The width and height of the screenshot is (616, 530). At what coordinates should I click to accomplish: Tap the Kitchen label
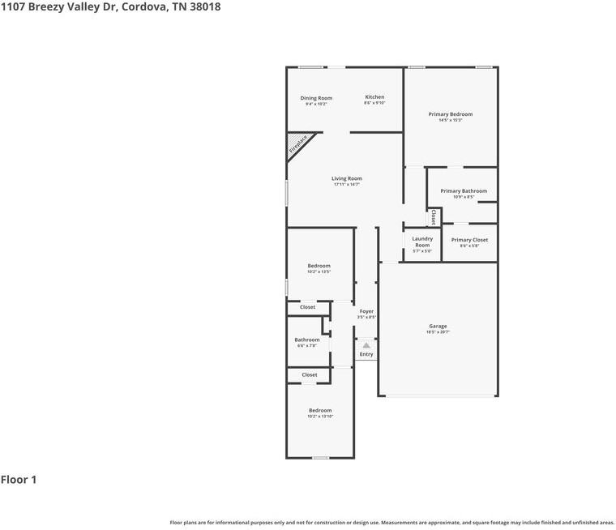pos(374,97)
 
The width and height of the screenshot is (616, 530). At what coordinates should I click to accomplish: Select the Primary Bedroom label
pos(450,114)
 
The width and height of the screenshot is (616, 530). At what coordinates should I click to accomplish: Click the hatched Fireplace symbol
pos(298,144)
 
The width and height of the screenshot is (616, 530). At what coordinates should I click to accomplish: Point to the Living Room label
pos(346,178)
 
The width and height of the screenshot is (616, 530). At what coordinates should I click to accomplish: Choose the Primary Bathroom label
pos(464,191)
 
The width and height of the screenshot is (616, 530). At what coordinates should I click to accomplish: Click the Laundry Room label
pos(422,241)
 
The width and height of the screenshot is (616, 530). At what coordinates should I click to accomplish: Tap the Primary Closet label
pos(469,240)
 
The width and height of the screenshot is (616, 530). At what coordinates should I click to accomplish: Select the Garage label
pos(438,327)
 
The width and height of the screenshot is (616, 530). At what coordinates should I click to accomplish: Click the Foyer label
pos(366,311)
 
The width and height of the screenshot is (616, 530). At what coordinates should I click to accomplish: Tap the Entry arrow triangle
pos(366,345)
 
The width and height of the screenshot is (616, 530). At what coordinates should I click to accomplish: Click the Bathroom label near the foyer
pos(306,340)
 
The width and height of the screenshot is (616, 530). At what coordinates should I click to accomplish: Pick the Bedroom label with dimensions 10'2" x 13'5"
pos(319,266)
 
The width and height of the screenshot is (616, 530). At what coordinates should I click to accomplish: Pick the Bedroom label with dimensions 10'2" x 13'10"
pos(319,411)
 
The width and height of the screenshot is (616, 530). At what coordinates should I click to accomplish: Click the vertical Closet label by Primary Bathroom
pos(434,217)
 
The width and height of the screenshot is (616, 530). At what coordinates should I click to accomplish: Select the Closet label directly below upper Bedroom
pos(308,307)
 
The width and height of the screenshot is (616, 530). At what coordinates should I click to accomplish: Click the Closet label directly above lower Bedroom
pos(310,375)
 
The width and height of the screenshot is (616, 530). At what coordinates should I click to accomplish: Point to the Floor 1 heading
pos(19,480)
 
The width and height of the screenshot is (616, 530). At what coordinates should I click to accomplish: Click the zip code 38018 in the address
pos(204,6)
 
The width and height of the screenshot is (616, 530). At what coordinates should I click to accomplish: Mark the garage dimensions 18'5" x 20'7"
pos(438,332)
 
